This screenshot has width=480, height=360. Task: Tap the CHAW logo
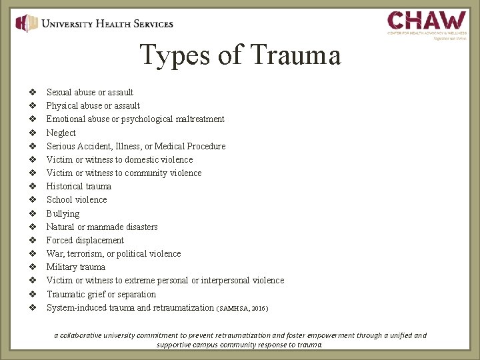[x=427, y=23]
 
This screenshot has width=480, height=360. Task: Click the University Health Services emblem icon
[x=27, y=24]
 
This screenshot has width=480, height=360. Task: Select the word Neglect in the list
[x=61, y=133]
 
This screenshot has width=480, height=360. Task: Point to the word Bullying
[x=63, y=213]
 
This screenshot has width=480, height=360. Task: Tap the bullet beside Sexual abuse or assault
[x=32, y=92]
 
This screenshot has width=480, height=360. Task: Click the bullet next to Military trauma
[x=32, y=267]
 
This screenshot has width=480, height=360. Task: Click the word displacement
[x=99, y=240]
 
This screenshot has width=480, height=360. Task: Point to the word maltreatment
[x=200, y=119]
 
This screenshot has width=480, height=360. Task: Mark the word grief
[x=99, y=294]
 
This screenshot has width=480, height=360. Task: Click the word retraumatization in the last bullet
[x=181, y=308]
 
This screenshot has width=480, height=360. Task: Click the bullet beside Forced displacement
[x=32, y=240]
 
